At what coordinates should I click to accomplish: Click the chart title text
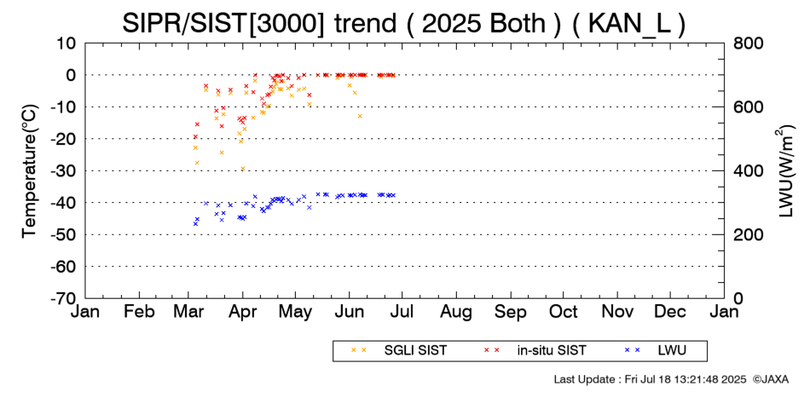[404, 23]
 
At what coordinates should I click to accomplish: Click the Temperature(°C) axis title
[29, 170]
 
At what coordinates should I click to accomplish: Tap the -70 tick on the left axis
[62, 298]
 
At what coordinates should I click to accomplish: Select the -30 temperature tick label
[62, 170]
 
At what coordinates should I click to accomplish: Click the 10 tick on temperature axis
[67, 43]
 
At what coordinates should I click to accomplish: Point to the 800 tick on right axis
[746, 43]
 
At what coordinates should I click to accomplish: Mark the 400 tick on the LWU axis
[746, 170]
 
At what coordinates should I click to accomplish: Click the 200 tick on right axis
[746, 234]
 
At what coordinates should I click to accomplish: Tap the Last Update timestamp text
[649, 378]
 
